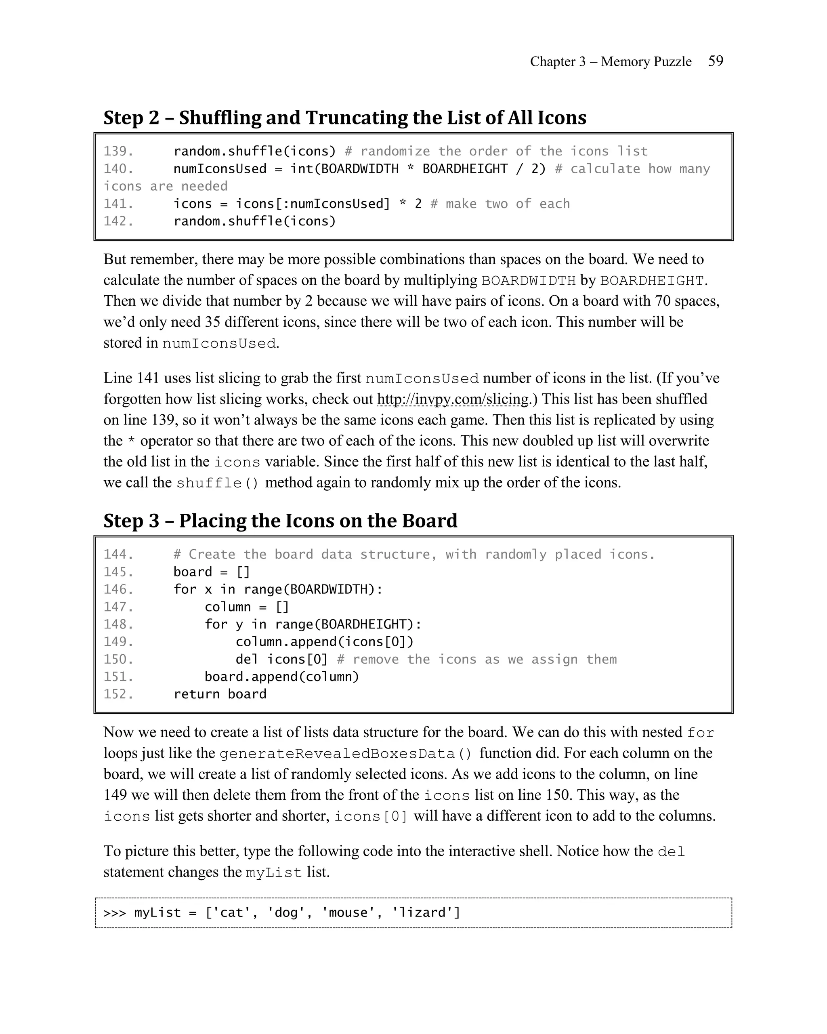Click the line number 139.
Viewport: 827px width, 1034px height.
tap(118, 151)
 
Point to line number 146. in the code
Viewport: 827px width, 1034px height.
tap(118, 589)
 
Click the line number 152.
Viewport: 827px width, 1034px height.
tap(118, 694)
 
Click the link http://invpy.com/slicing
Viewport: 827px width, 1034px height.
tap(453, 399)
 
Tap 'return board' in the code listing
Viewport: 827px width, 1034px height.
tap(220, 694)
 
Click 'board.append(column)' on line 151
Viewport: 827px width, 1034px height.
tap(281, 676)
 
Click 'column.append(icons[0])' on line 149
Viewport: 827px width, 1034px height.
tap(324, 641)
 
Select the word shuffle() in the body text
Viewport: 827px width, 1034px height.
tap(217, 483)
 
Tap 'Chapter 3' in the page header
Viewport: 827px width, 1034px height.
tap(558, 61)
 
